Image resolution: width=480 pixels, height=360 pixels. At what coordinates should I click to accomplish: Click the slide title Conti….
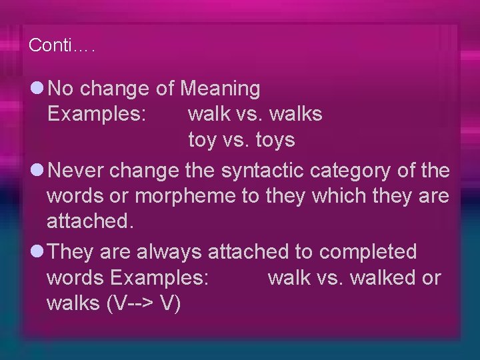click(62, 46)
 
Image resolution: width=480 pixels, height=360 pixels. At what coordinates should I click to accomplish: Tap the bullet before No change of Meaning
click(37, 87)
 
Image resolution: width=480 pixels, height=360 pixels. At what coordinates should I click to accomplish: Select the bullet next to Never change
click(37, 171)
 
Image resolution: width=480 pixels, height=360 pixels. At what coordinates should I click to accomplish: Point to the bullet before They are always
click(37, 252)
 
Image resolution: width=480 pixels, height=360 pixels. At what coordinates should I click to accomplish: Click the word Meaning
click(221, 88)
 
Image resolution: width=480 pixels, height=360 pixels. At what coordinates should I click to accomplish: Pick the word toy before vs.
click(203, 141)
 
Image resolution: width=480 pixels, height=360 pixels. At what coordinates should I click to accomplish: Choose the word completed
click(368, 252)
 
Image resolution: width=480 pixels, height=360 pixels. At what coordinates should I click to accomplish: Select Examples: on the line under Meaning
click(96, 114)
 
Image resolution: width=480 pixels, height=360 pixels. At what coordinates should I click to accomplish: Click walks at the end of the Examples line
click(296, 114)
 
